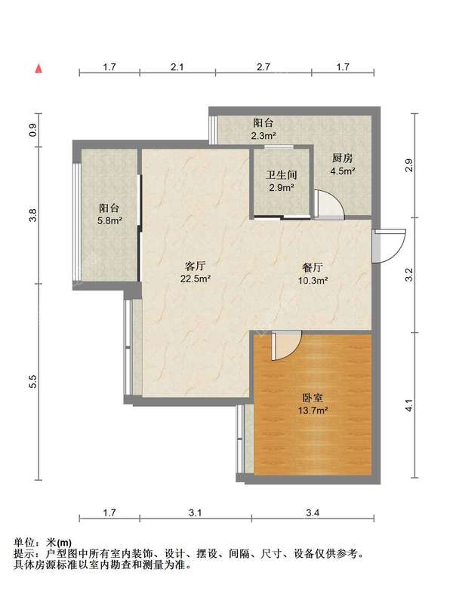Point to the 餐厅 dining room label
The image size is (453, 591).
[313, 268]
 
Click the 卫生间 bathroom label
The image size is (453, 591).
[280, 175]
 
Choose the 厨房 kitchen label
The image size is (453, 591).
[343, 159]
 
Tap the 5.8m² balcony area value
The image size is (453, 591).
[110, 221]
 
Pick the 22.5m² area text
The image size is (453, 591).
[196, 279]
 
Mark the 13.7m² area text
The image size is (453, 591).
[312, 411]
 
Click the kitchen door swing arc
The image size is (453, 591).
[330, 202]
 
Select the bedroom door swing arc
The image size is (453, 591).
[287, 346]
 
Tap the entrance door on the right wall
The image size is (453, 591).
[386, 245]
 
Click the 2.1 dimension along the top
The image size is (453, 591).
[177, 68]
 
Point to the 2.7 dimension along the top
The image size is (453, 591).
[263, 68]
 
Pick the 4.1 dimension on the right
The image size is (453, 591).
[409, 408]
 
